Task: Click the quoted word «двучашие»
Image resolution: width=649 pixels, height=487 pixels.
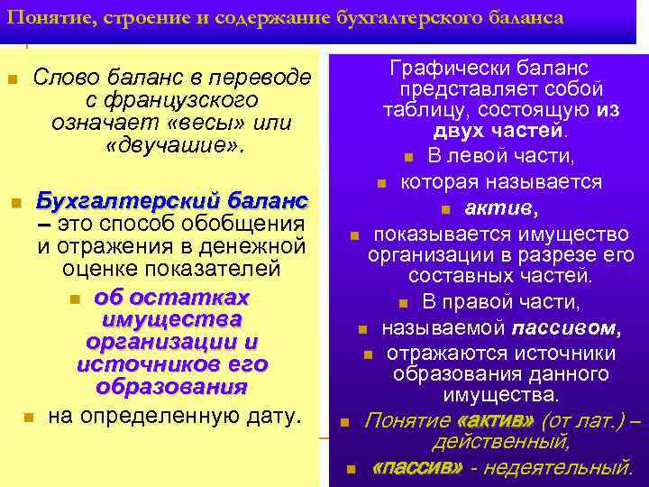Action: click(174, 144)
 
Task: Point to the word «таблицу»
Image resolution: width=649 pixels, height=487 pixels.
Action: click(421, 111)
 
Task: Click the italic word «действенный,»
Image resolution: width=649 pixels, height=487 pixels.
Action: click(501, 443)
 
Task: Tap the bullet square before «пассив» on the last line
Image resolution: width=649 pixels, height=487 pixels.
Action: click(352, 468)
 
